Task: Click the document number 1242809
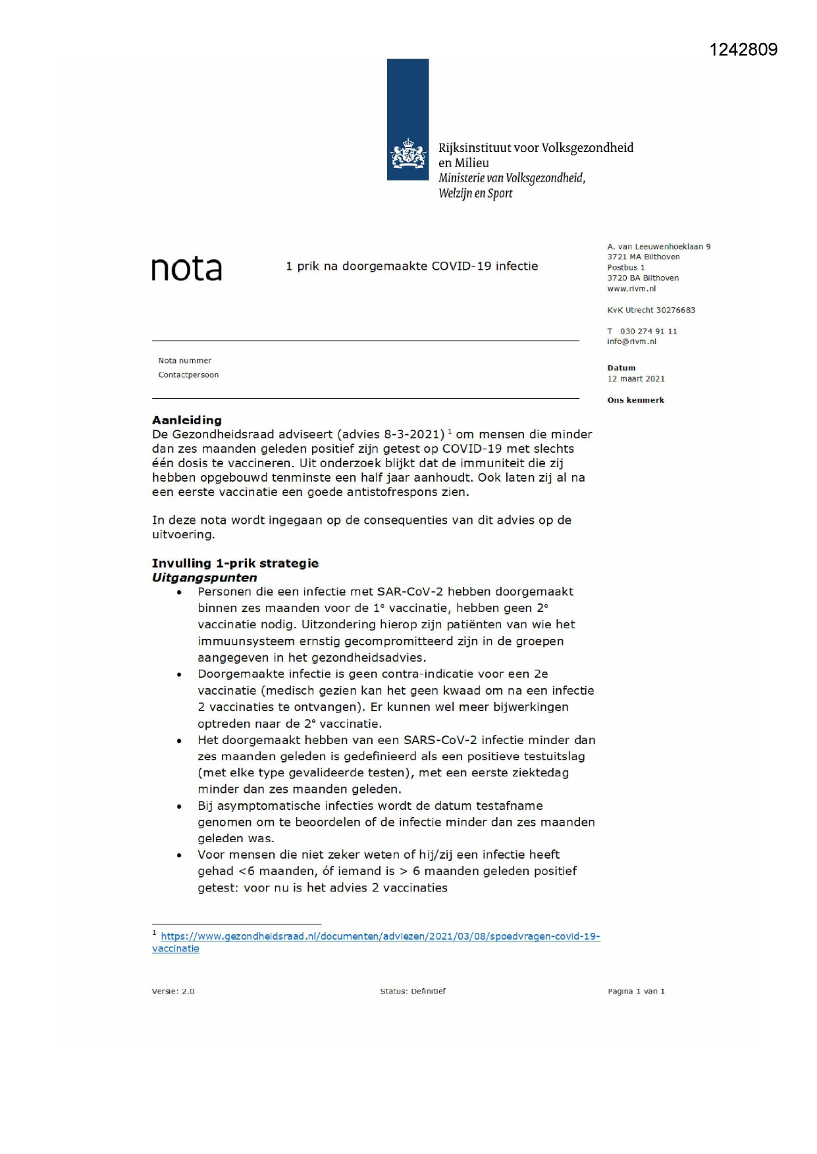(743, 50)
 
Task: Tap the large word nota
(187, 268)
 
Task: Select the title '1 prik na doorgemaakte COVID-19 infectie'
(411, 266)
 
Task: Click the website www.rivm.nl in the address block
(631, 289)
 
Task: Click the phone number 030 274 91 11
(648, 332)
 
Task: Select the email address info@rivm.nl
(631, 342)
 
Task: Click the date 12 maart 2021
(636, 379)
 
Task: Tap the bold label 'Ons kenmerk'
(635, 400)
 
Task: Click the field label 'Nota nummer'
(184, 361)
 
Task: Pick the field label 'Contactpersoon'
(188, 375)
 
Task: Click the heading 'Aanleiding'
(187, 420)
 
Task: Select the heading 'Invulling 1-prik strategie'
(235, 563)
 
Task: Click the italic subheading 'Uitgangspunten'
(204, 578)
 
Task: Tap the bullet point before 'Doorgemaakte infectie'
(179, 674)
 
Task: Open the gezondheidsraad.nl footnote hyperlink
(380, 936)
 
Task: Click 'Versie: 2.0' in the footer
(173, 991)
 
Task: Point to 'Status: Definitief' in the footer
(413, 991)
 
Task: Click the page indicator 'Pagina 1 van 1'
(636, 991)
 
